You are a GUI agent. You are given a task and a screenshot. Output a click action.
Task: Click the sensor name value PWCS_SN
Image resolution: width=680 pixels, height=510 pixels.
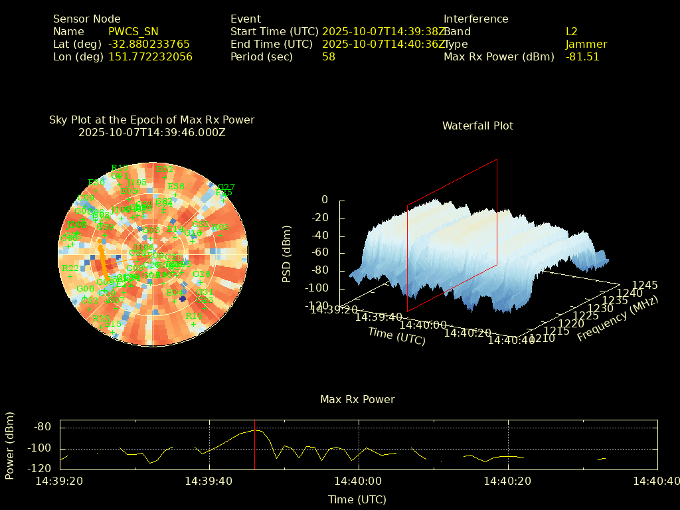tap(133, 31)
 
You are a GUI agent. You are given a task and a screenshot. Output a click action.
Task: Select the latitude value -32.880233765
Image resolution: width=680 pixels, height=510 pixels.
tap(149, 44)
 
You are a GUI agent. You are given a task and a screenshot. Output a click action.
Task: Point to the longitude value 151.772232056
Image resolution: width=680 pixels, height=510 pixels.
tap(150, 56)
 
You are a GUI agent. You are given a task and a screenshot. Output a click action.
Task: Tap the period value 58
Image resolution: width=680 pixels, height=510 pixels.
tap(329, 56)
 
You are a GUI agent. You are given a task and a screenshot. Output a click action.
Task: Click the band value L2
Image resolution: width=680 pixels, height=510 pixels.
tap(572, 31)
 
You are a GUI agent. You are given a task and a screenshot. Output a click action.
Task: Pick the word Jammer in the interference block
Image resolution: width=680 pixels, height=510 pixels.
tap(586, 44)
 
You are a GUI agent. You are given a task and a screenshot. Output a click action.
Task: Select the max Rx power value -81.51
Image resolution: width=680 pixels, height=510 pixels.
tap(582, 56)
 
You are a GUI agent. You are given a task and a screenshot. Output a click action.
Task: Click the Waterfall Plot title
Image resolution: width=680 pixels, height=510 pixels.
tap(477, 126)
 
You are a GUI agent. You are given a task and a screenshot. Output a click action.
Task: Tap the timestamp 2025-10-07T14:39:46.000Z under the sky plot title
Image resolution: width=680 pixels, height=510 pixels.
tap(152, 132)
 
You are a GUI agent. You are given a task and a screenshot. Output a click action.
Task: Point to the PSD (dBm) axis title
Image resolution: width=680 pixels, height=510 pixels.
tap(287, 252)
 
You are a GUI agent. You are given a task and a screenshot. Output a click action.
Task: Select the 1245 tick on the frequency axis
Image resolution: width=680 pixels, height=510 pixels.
tap(645, 285)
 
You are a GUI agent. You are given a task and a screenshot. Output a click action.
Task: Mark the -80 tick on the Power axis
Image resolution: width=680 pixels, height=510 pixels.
tap(42, 427)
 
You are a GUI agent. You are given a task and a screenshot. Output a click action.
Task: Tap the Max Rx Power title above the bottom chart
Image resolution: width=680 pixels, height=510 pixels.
tap(357, 399)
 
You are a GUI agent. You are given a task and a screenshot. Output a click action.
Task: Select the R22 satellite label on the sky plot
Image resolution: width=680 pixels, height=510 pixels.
tap(70, 268)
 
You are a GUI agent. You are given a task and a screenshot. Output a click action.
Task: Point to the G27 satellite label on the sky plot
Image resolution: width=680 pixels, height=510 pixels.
tap(226, 187)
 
